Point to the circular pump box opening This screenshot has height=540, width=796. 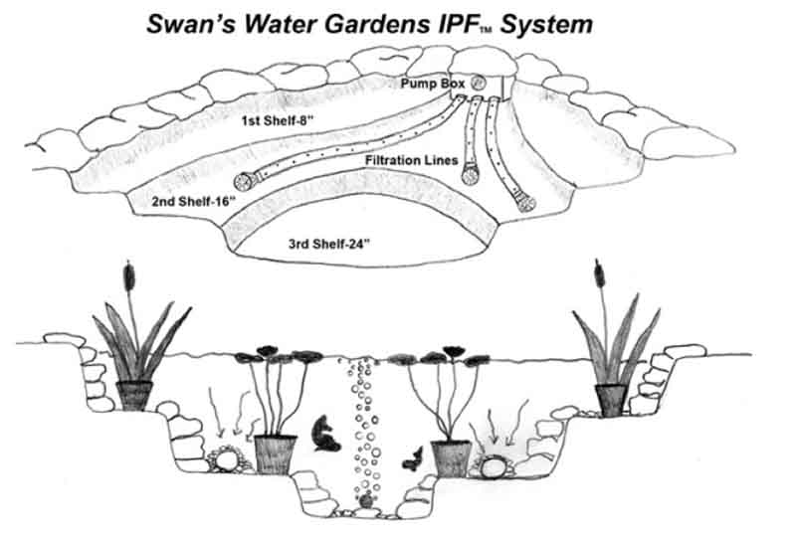pos(477,83)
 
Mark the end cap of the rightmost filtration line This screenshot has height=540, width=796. pos(526,203)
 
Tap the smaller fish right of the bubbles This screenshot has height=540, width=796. pos(409,458)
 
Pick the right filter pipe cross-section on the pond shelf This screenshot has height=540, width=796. pos(494,462)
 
